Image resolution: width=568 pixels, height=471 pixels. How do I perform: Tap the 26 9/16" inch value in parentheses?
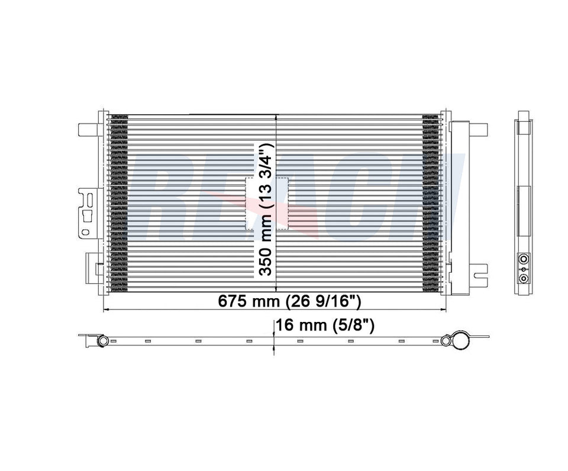click(323, 301)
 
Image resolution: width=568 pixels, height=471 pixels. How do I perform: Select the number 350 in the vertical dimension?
click(266, 260)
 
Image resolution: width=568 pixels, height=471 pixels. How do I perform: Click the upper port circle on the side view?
click(523, 259)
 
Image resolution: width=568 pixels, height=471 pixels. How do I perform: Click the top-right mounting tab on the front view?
click(478, 128)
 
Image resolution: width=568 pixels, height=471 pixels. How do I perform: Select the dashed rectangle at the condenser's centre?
click(266, 204)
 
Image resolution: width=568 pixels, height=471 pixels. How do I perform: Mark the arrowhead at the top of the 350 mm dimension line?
click(277, 118)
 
